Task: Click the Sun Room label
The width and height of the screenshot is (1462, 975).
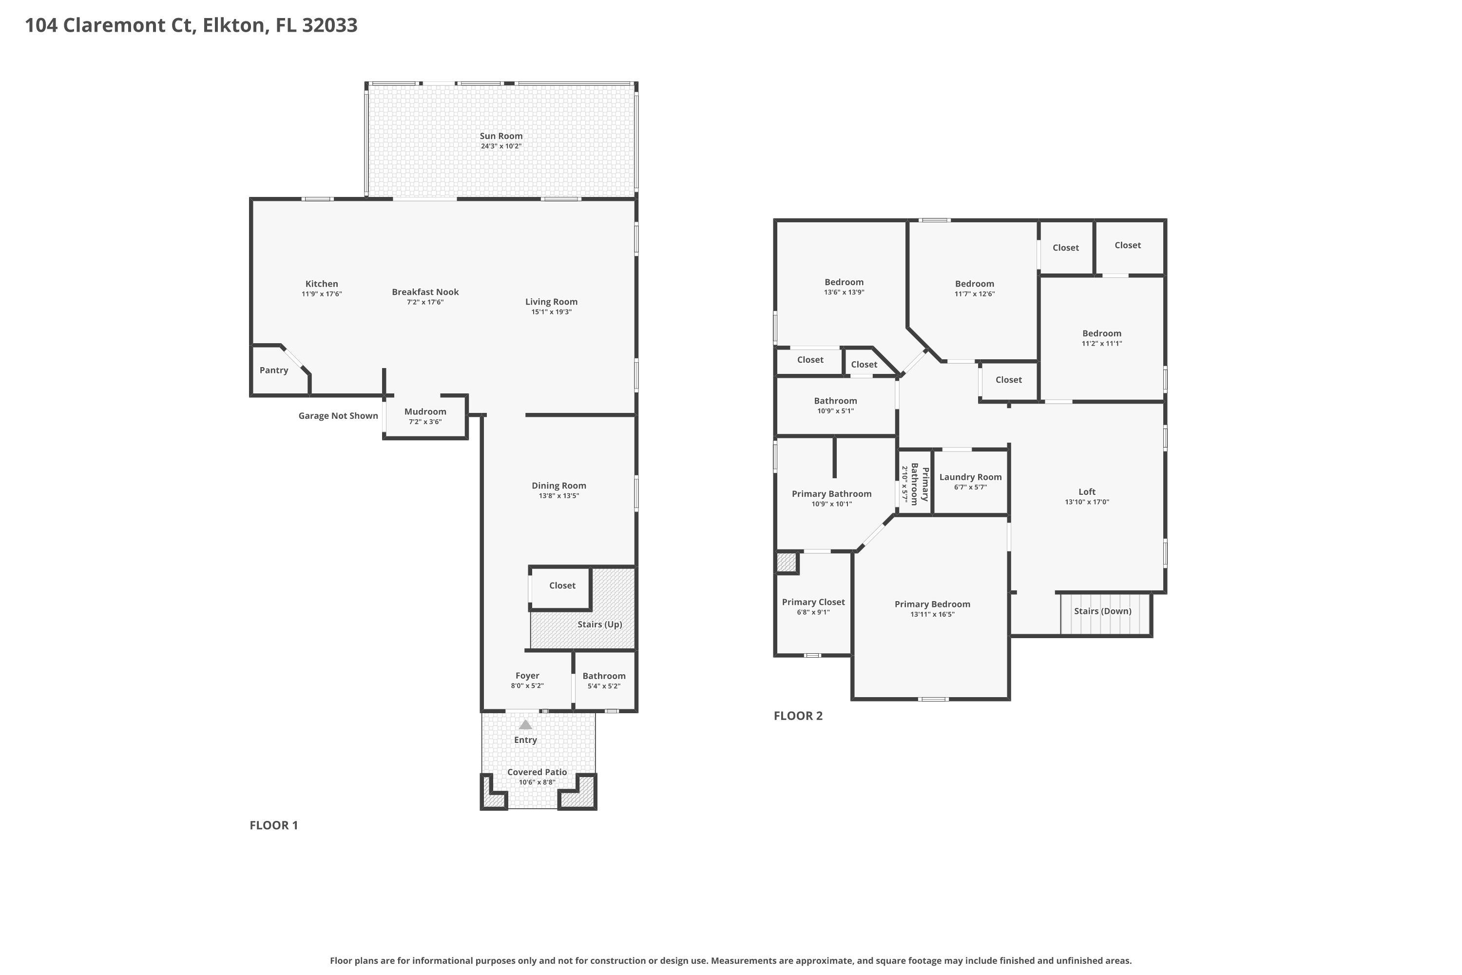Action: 500,136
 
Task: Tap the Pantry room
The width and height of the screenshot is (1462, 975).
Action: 274,370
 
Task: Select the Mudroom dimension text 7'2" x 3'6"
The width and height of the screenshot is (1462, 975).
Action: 425,422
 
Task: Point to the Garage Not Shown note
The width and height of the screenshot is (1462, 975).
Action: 338,415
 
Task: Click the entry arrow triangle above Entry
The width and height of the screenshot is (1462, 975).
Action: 525,724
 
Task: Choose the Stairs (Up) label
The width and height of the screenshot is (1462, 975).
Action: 599,624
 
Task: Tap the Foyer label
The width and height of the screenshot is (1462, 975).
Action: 527,675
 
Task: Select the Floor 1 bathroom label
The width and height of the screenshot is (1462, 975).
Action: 604,676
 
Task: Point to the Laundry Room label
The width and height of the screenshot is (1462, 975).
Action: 970,477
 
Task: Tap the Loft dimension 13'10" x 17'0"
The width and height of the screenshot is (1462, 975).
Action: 1087,502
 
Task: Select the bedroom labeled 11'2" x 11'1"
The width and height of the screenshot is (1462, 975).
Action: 1101,338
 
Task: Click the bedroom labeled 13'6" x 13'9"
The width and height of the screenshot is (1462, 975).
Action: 844,287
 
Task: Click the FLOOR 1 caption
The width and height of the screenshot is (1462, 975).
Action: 273,825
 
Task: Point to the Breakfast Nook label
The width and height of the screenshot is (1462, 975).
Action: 425,292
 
